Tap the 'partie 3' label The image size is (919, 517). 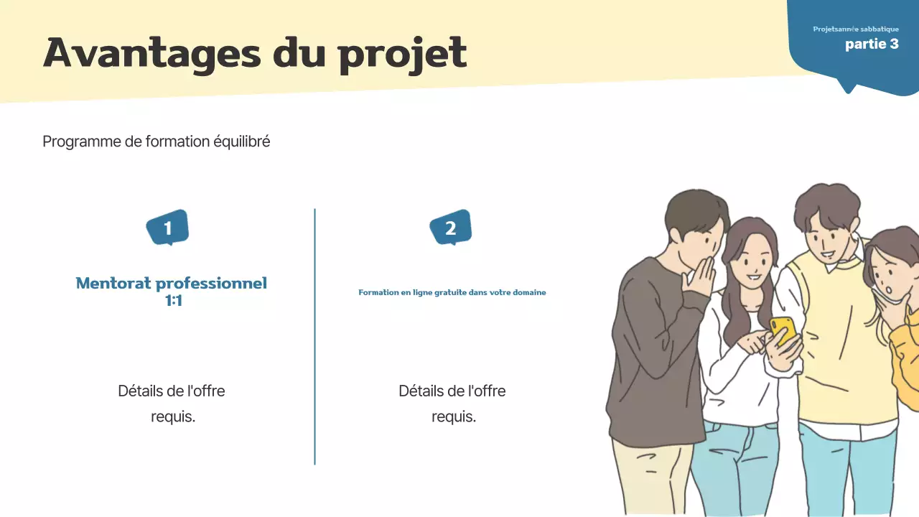pos(872,44)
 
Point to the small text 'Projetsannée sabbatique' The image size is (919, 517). pos(855,29)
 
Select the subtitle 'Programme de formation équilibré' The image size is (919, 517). pos(157,141)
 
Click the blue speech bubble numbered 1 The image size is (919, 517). pos(167,228)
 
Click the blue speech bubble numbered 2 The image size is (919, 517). pos(450,228)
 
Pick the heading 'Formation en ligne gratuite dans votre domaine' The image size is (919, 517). pos(452,292)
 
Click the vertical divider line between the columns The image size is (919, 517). pos(314,337)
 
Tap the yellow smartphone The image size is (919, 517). pos(783,330)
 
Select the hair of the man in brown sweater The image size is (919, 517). pos(693,212)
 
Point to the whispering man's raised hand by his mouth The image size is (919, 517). pos(700,280)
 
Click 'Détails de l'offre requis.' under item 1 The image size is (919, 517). pos(172,404)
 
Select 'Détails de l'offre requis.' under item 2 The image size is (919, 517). pos(452,404)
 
